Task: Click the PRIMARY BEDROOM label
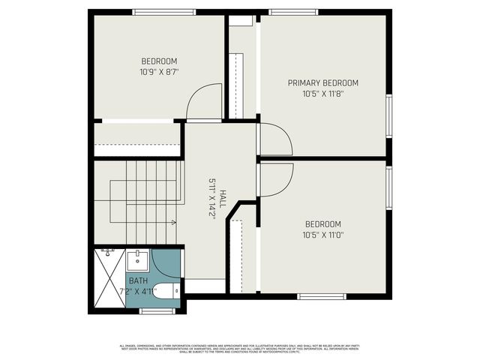[323, 82]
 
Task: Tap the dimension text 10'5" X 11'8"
[323, 94]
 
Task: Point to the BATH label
[138, 280]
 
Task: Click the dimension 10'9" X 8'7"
[159, 73]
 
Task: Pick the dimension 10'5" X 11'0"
[323, 235]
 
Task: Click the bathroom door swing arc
[164, 263]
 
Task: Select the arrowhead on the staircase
[174, 222]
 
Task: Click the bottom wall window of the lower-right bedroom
[321, 296]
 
